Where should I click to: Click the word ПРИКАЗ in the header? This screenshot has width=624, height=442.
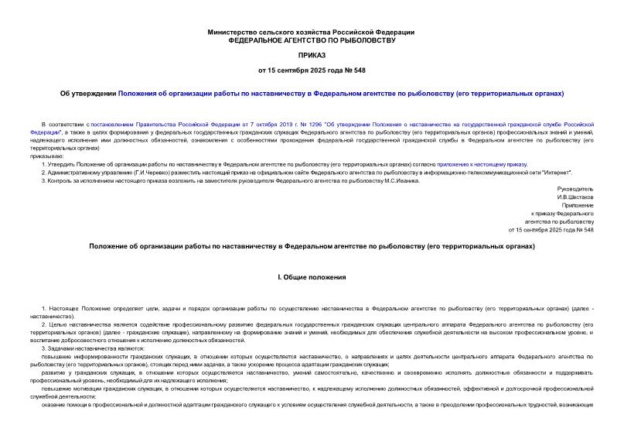[312, 56]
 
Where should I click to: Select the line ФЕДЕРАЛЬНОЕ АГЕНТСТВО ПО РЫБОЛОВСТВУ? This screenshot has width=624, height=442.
[312, 39]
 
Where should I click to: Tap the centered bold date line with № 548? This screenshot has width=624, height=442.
[312, 71]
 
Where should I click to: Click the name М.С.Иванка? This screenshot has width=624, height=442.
[402, 180]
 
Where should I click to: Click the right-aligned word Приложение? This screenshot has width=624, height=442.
[577, 205]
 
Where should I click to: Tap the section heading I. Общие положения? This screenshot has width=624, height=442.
[312, 276]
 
